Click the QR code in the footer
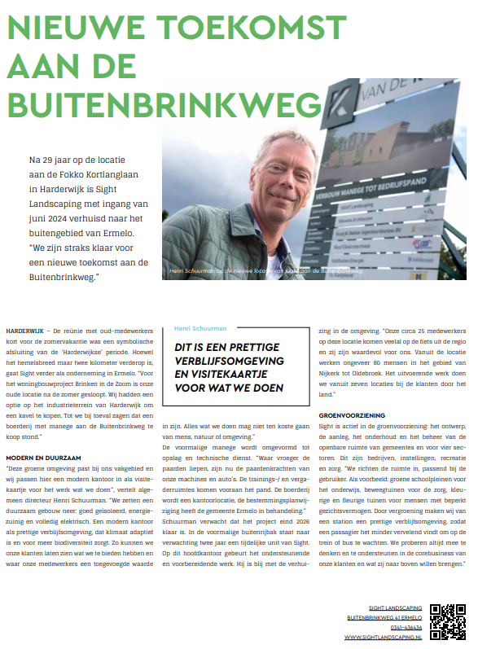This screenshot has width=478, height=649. pyautogui.click(x=447, y=622)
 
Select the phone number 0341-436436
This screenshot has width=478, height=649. pyautogui.click(x=406, y=627)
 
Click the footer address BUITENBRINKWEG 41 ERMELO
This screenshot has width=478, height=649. pyautogui.click(x=384, y=618)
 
